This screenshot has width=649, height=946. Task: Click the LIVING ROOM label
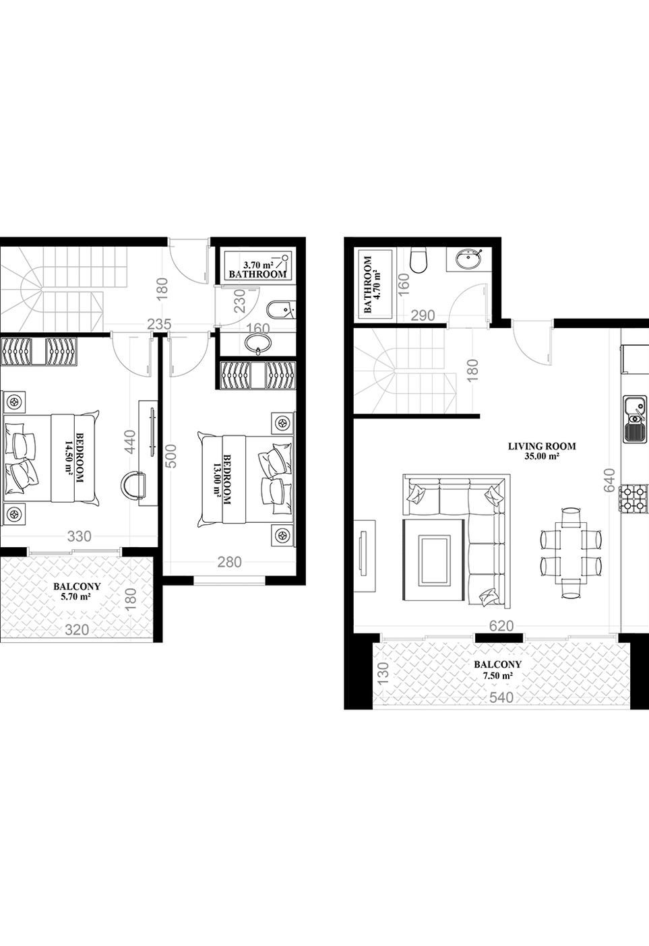tap(542, 446)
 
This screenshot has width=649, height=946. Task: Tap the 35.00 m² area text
tap(542, 457)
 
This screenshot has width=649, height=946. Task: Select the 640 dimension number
tap(610, 480)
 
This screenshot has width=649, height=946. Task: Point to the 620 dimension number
tap(501, 625)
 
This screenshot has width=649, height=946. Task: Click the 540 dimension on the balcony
tap(501, 697)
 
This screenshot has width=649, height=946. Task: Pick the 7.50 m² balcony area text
tap(498, 676)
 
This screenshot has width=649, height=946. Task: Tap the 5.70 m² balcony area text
tap(76, 597)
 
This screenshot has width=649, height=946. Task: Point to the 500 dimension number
tap(171, 455)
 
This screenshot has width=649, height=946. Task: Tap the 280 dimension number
tap(229, 562)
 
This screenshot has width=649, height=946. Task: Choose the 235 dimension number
tap(159, 324)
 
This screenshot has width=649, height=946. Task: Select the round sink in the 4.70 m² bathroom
tap(469, 259)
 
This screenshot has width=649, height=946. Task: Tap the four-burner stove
tap(633, 499)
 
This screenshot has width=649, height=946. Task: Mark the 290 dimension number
tap(423, 315)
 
